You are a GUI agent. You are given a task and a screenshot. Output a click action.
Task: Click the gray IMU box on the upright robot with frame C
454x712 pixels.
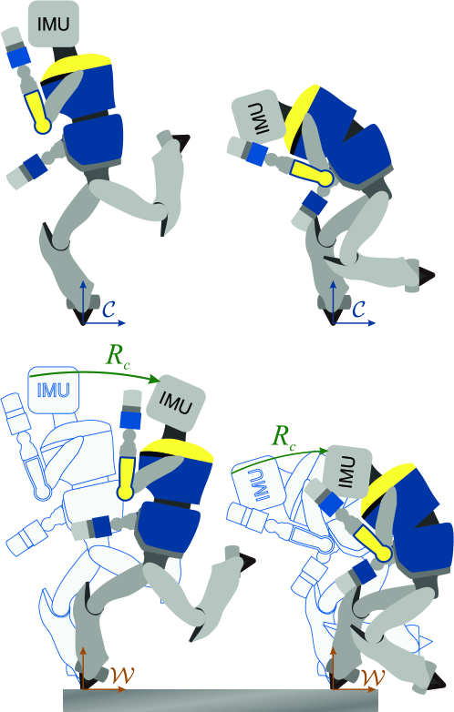[x=54, y=24]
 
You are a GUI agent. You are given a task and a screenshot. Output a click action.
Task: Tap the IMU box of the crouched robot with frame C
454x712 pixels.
[x=256, y=117]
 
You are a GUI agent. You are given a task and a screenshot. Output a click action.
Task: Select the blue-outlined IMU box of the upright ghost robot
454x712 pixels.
[x=53, y=390]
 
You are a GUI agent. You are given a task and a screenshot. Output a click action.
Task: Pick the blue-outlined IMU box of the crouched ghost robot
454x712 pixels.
[x=256, y=484]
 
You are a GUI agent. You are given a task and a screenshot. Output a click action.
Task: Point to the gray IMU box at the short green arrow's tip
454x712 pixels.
[x=346, y=473]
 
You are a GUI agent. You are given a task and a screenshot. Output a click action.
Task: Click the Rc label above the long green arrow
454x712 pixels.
[x=118, y=356]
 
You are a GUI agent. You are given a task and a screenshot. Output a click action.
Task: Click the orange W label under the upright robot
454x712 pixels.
[x=122, y=676]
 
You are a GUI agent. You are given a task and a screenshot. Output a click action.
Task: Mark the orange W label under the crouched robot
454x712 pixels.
[x=373, y=676]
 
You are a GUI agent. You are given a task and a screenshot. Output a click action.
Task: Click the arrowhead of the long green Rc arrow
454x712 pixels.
[x=155, y=379]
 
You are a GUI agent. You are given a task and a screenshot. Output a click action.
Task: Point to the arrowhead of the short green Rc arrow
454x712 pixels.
[x=323, y=451]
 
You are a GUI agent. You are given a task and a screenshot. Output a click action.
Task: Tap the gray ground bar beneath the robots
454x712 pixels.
[x=220, y=700]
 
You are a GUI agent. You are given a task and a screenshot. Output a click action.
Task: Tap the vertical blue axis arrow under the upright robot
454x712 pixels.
[x=83, y=301]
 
